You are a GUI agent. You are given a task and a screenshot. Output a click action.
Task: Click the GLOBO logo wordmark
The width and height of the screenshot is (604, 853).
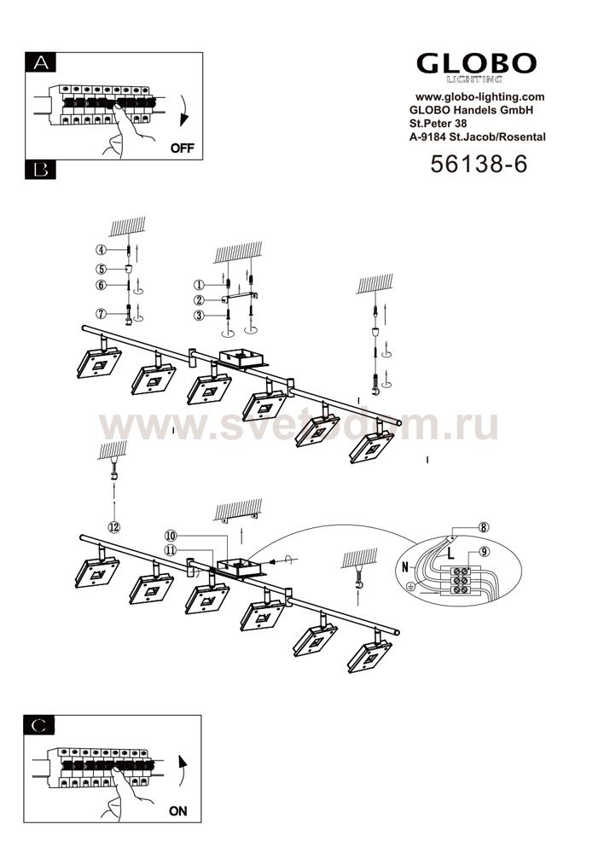coord(477,64)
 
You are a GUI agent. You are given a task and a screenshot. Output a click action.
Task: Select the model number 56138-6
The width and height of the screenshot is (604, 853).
coord(479,163)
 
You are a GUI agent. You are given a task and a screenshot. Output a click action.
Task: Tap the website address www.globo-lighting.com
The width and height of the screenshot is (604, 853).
coord(480,97)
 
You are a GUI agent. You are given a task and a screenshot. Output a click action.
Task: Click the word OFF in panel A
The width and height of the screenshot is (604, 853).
coord(183,148)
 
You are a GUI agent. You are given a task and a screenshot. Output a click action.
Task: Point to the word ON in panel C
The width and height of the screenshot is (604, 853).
coord(178,811)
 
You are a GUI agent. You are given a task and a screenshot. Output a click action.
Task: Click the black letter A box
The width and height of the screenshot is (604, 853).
coord(40,62)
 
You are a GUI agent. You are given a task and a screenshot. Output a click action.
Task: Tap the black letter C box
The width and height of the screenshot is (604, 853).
coord(39,725)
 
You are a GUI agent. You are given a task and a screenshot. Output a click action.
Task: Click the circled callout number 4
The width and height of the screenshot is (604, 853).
coord(101,250)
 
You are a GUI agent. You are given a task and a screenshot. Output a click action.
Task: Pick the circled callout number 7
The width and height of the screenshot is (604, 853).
coord(101,314)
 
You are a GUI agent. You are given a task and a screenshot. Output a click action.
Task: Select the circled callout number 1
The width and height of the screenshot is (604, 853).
coord(199,285)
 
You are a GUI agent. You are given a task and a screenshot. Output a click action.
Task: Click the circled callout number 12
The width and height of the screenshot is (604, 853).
coord(114,526)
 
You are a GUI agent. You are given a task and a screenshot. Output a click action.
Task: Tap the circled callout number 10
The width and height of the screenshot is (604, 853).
coord(171,536)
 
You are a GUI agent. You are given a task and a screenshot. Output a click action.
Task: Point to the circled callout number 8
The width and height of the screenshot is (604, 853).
coord(483,526)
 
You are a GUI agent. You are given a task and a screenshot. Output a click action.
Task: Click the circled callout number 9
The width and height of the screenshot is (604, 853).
coord(484,552)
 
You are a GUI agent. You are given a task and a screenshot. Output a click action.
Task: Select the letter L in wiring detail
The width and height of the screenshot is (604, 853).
coord(450,555)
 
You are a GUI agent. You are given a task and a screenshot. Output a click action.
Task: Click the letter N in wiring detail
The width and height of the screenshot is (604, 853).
coord(405,567)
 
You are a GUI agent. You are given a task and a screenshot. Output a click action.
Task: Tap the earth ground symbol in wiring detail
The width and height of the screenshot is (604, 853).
coord(412,587)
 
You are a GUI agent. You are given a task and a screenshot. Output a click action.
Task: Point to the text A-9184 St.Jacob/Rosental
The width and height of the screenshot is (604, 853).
coord(477,137)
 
